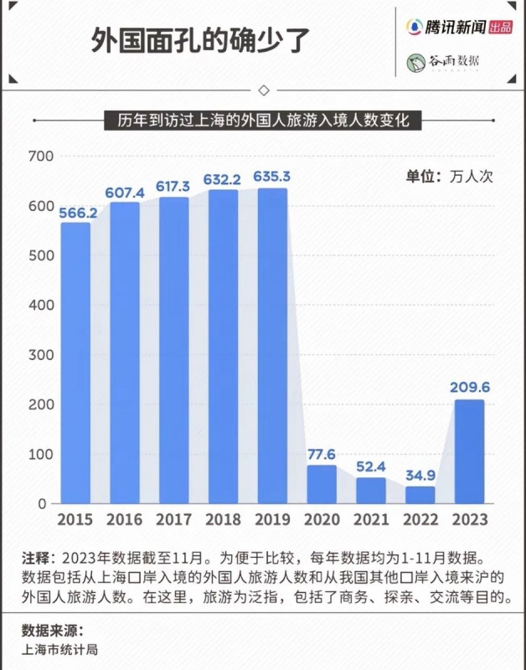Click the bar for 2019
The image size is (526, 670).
coord(272,345)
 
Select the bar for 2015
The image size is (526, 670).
coord(75,363)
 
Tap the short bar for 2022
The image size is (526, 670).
coord(420,495)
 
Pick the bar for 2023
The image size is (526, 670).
coord(469,451)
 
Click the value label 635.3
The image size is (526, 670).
coord(272,177)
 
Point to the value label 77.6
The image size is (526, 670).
coord(322,453)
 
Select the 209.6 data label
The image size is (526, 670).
coord(469,388)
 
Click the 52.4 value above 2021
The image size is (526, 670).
coord(371,466)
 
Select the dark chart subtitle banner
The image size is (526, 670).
coord(263,121)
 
